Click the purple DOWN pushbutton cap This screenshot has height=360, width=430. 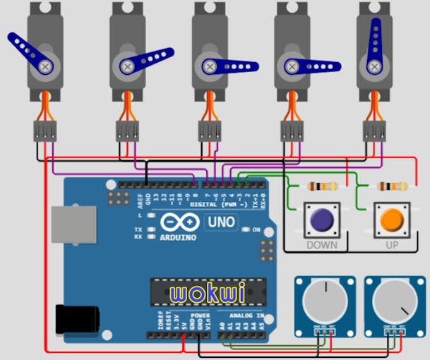pyautogui.click(x=322, y=220)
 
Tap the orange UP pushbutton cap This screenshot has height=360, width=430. pyautogui.click(x=391, y=220)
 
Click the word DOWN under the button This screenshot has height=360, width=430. pyautogui.click(x=321, y=245)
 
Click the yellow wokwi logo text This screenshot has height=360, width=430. pyautogui.click(x=198, y=292)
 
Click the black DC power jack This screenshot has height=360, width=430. pyautogui.click(x=73, y=318)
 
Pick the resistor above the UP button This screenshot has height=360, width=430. pyautogui.click(x=392, y=187)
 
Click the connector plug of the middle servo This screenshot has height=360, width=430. pyautogui.click(x=210, y=130)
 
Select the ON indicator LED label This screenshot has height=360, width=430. pyautogui.click(x=256, y=230)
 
